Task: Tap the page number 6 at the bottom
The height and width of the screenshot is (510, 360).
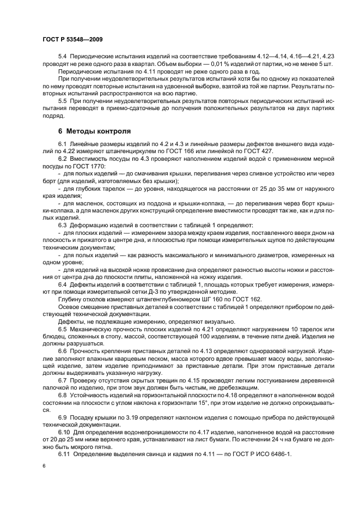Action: (x=44, y=466)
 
